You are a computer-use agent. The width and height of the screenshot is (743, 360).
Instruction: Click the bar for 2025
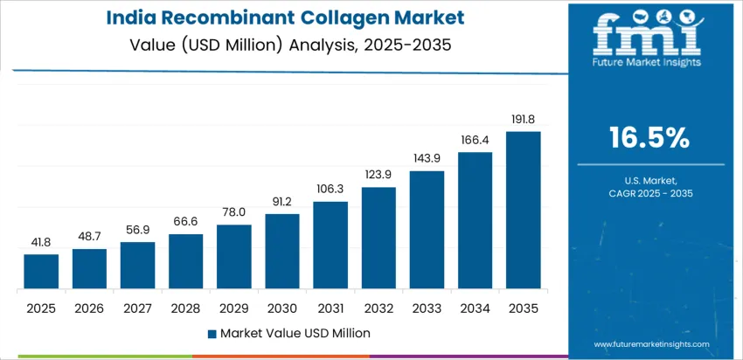(41, 272)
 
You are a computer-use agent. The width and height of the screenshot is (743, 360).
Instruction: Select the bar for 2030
(282, 252)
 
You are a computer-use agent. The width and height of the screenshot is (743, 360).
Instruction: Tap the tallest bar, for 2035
(523, 211)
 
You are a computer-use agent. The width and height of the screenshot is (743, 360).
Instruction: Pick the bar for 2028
(185, 261)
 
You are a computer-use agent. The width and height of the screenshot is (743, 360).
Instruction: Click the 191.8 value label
(523, 120)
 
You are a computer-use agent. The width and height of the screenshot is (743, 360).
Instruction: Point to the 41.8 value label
(41, 242)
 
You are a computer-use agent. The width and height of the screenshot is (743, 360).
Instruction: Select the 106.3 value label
(330, 190)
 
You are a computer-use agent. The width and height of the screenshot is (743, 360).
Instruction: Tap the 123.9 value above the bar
(378, 175)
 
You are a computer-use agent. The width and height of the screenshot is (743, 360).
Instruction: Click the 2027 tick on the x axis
(137, 308)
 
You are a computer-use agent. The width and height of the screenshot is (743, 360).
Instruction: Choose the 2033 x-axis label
(427, 308)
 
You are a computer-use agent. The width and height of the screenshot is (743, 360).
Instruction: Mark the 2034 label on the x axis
(475, 308)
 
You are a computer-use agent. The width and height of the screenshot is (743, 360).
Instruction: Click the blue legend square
(212, 334)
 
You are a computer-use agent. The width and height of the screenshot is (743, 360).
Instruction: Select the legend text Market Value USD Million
(295, 333)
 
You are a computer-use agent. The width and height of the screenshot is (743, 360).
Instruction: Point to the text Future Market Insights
(646, 62)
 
